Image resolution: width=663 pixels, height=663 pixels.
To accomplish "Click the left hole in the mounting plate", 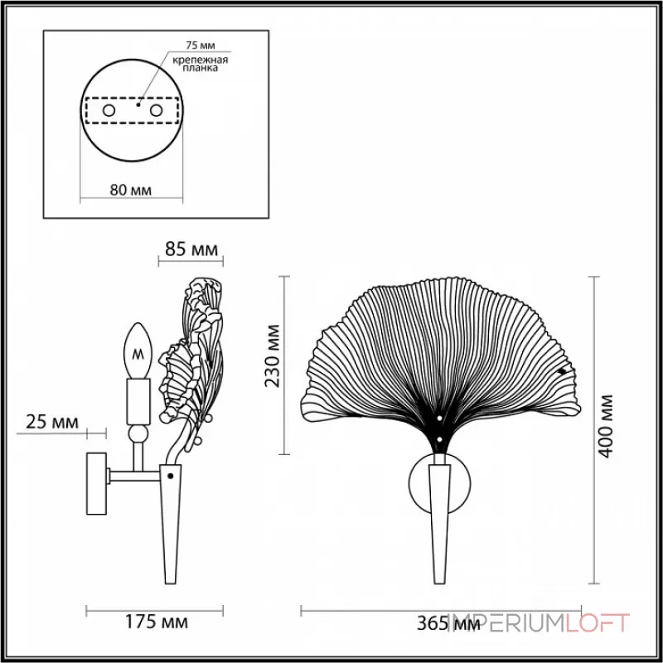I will tap(108, 109).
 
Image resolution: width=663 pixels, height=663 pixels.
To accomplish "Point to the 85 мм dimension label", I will tap(191, 249).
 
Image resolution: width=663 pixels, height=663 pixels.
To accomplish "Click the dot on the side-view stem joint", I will tap(171, 477).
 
